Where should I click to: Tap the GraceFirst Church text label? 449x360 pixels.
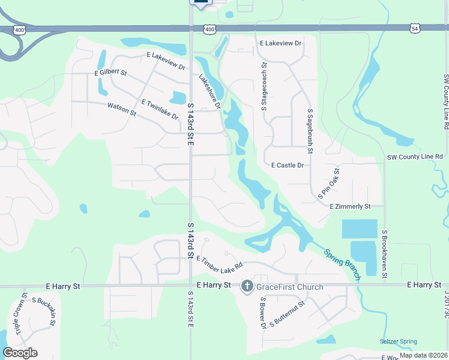tap(290, 287)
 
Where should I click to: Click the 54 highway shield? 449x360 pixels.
tap(415, 28)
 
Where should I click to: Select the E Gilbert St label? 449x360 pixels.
tap(111, 73)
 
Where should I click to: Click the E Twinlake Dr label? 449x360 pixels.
tap(160, 109)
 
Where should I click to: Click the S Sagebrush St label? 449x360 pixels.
tap(310, 128)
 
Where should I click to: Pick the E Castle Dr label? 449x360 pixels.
tap(288, 165)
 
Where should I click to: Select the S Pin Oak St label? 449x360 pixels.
tap(328, 184)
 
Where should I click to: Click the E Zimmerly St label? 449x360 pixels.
tap(350, 206)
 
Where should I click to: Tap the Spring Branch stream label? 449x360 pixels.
tap(343, 264)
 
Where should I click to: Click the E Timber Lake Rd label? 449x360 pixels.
tap(218, 261)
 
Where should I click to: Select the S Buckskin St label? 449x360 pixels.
tap(44, 312)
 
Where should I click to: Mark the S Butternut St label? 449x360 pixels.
tap(288, 313)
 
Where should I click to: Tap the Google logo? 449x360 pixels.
tap(20, 353)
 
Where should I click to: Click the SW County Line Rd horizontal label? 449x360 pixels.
tap(415, 157)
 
